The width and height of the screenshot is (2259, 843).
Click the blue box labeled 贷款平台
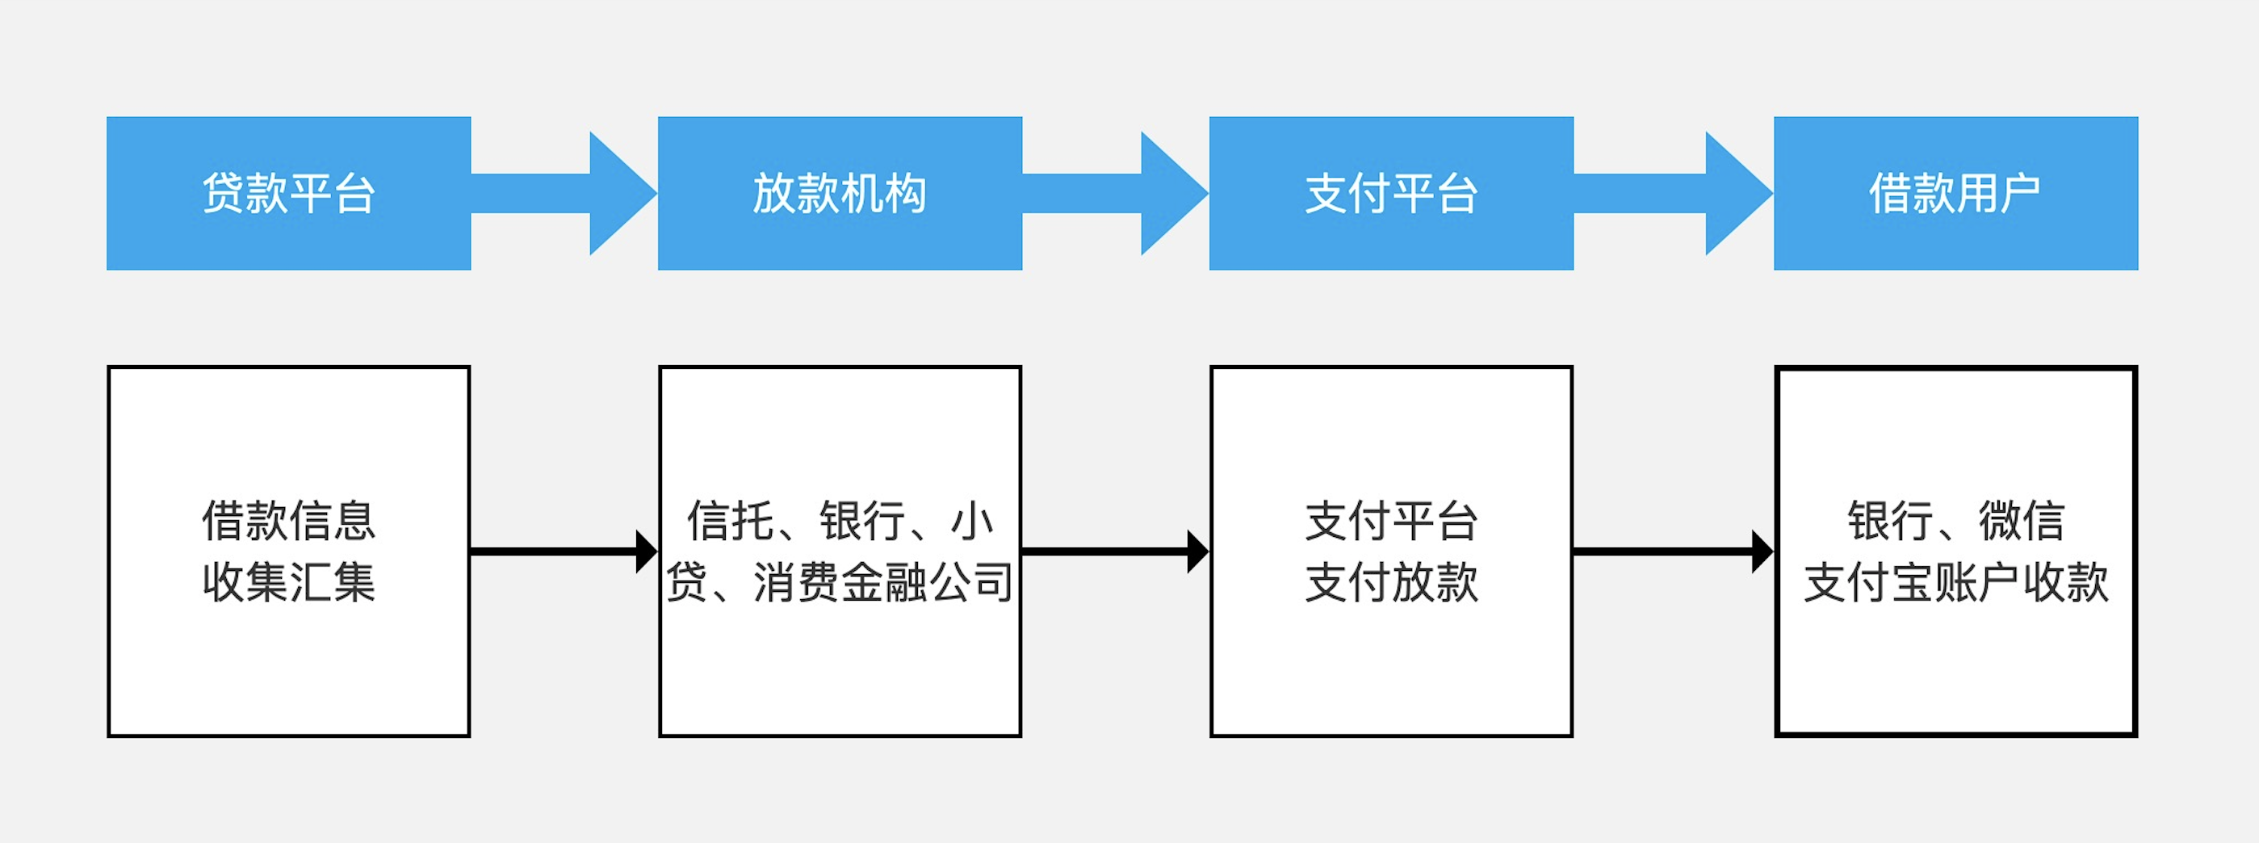[x=288, y=193]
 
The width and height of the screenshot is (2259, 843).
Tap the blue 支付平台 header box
[x=1391, y=193]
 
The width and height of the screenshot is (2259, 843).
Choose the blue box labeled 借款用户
[x=1955, y=193]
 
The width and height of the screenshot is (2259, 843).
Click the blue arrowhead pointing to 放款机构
[x=621, y=193]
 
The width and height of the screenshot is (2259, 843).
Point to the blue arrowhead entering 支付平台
[x=1172, y=193]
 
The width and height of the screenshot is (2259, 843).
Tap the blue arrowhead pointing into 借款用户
[x=1737, y=193]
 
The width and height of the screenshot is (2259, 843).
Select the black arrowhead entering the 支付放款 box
[x=1198, y=552]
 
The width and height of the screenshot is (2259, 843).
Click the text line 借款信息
[x=288, y=520]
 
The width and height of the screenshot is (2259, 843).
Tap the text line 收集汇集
[x=288, y=581]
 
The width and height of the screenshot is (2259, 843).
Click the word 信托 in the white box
[x=730, y=520]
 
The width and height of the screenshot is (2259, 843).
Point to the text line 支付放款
[x=1391, y=581]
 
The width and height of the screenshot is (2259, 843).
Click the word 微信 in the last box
[x=2022, y=520]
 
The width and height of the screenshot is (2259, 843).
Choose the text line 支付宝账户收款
[x=1955, y=581]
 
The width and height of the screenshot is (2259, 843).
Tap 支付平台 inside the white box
[x=1391, y=520]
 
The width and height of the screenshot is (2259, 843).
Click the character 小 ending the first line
[x=971, y=520]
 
